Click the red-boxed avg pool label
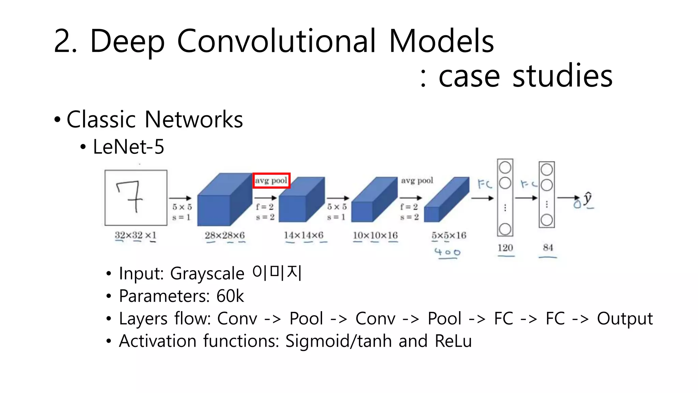click(x=271, y=180)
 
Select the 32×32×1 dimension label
click(x=136, y=235)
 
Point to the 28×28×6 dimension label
click(x=225, y=235)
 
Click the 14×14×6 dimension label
click(x=304, y=235)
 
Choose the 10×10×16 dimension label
click(x=375, y=235)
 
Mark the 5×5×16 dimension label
click(x=449, y=235)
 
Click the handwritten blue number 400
click(x=447, y=252)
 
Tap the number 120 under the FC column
click(x=505, y=248)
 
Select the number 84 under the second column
click(x=548, y=248)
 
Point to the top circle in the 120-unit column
click(x=505, y=168)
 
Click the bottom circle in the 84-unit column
click(x=547, y=220)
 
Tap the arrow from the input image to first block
click(x=180, y=198)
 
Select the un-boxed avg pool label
click(x=417, y=180)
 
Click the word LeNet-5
click(x=128, y=147)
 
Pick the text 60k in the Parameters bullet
click(x=230, y=296)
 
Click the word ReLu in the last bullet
click(x=453, y=341)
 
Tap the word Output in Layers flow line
click(x=624, y=319)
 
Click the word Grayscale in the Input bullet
click(x=207, y=274)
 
